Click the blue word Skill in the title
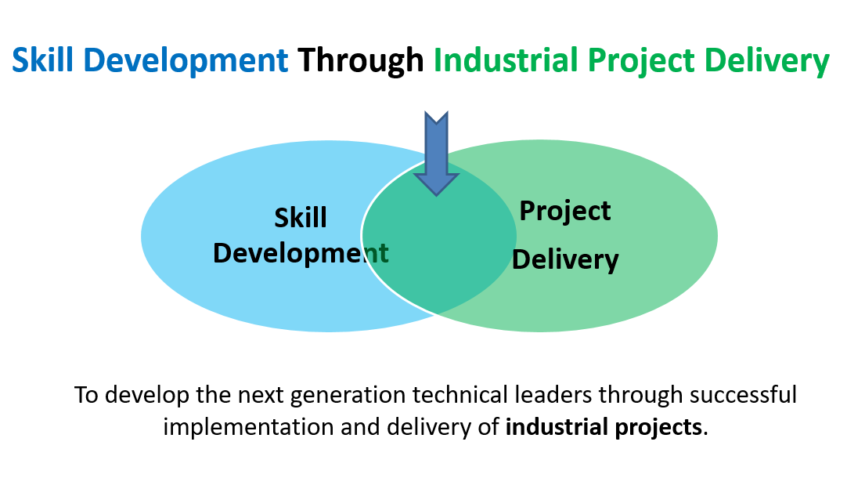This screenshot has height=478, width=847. pos(43,60)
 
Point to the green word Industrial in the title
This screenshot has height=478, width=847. pos(506,60)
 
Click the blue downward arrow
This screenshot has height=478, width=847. pos(437,154)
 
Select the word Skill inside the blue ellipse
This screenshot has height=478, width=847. pos(301,218)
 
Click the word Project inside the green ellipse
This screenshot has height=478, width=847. pos(565,212)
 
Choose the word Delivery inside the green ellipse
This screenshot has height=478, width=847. pos(565,261)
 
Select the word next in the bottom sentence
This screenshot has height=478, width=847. pos(261,396)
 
